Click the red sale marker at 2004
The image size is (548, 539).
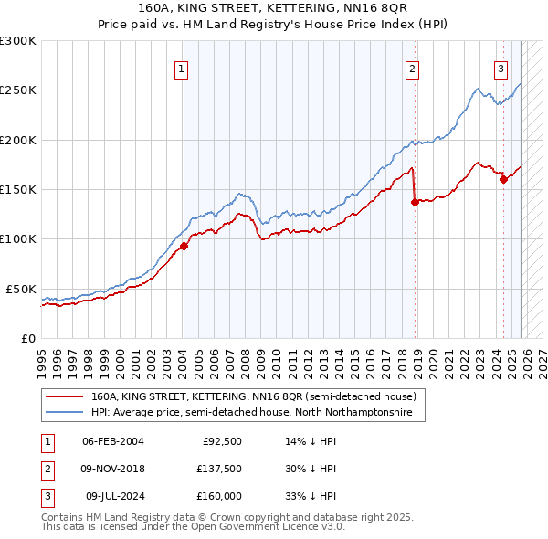pyautogui.click(x=184, y=246)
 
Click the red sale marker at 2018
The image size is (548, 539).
pyautogui.click(x=415, y=202)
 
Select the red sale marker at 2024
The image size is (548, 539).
pyautogui.click(x=503, y=180)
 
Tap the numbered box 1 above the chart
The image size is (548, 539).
pyautogui.click(x=182, y=69)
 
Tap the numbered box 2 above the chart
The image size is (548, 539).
pyautogui.click(x=413, y=69)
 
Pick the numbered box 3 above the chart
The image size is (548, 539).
pyautogui.click(x=501, y=69)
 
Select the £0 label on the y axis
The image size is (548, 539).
pyautogui.click(x=27, y=338)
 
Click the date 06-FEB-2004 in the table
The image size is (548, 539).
pyautogui.click(x=113, y=441)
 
